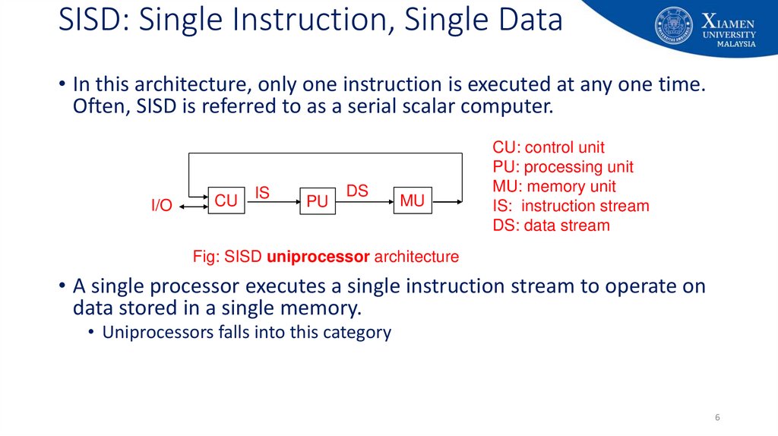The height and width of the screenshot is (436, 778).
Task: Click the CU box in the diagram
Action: point(226,201)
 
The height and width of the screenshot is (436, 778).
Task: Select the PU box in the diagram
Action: point(317,201)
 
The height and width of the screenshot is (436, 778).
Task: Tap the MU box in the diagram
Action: point(412,201)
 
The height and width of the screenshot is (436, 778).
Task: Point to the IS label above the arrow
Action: point(262,193)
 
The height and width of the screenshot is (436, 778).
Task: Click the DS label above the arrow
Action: point(357,191)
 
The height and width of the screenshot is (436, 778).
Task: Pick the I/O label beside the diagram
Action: point(162,205)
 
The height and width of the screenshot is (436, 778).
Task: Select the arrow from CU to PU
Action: point(272,202)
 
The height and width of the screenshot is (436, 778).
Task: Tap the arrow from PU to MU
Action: point(364,201)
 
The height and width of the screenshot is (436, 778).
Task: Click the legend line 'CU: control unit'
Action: point(549,147)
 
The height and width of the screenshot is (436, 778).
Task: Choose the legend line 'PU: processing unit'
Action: point(563,167)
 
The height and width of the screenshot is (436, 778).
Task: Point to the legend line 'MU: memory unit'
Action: point(555,186)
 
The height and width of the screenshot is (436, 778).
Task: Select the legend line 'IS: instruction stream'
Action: point(571,206)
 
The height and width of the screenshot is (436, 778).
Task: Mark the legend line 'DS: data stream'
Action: point(551,226)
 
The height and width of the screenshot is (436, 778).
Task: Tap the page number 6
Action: point(717,418)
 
